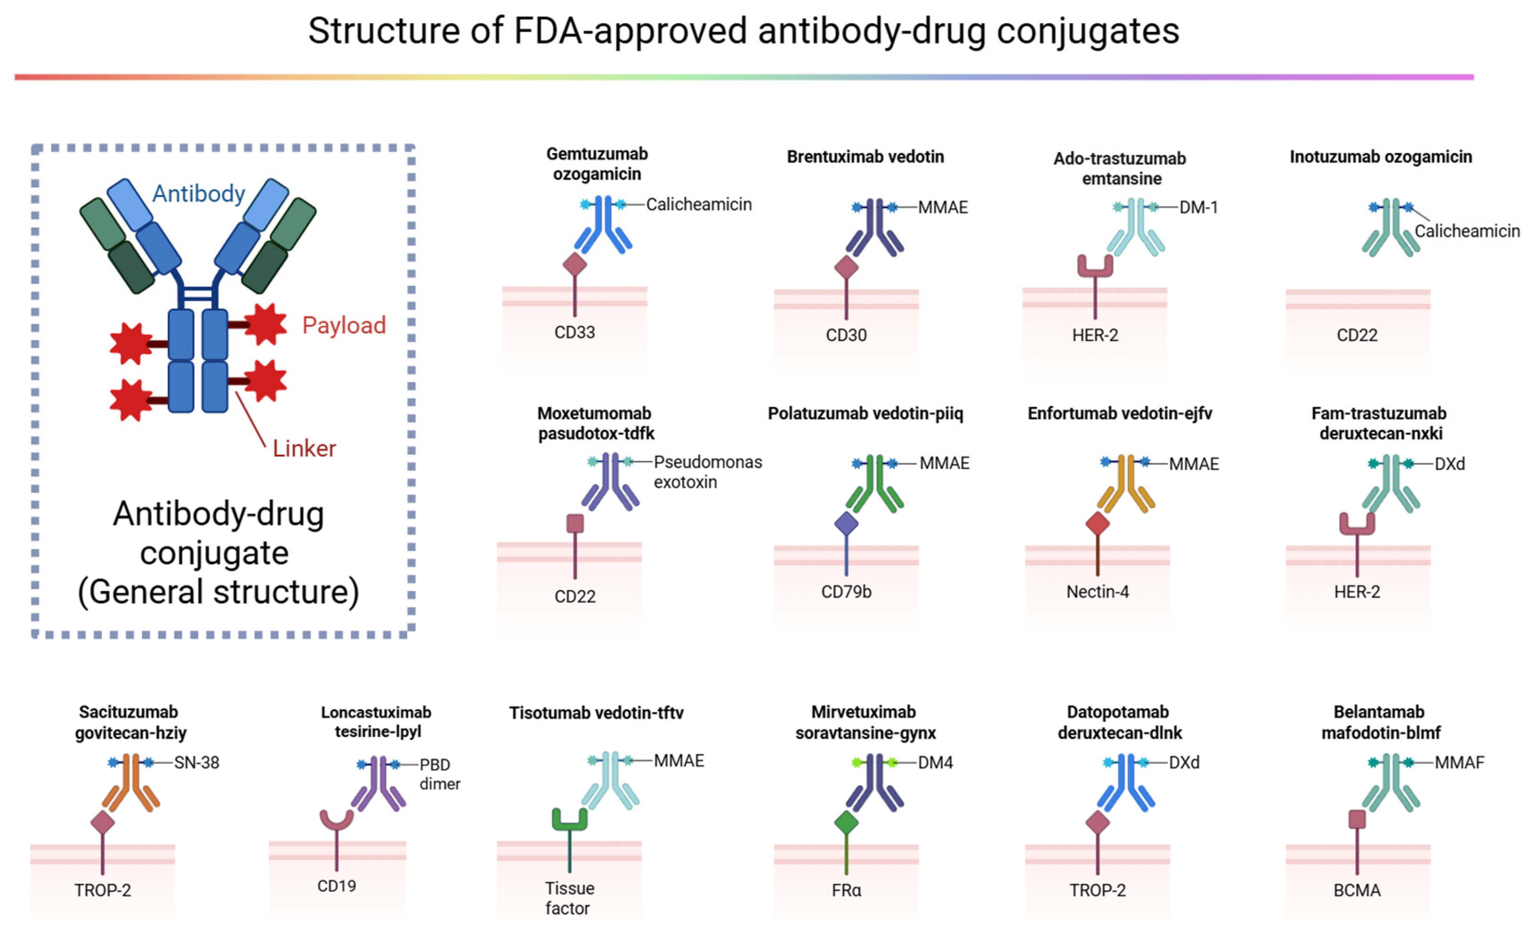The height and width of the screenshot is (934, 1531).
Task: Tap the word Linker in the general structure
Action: tap(304, 448)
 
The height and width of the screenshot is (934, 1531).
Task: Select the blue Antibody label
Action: tap(199, 194)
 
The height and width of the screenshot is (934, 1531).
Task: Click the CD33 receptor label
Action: tap(574, 332)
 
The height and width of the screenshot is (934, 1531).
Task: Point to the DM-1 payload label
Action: tap(1198, 208)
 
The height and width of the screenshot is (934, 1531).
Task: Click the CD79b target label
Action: tap(846, 592)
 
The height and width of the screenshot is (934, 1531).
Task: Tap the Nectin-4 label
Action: tap(1097, 592)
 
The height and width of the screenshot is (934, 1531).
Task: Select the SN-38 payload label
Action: tap(196, 762)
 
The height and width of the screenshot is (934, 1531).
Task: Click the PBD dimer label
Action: tap(439, 774)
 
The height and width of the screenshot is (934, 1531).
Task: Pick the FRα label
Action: tap(846, 890)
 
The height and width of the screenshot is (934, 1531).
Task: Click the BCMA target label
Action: tap(1357, 890)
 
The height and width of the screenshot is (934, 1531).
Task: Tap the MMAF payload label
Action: tap(1459, 762)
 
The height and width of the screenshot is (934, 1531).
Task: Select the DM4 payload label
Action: tap(935, 762)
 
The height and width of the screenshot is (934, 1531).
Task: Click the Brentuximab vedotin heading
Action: tap(865, 157)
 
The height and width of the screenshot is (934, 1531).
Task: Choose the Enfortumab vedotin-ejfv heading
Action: tap(1119, 413)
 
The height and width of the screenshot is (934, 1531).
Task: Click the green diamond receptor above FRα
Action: tap(846, 822)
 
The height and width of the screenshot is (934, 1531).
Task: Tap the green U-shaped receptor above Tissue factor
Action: tap(569, 819)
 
